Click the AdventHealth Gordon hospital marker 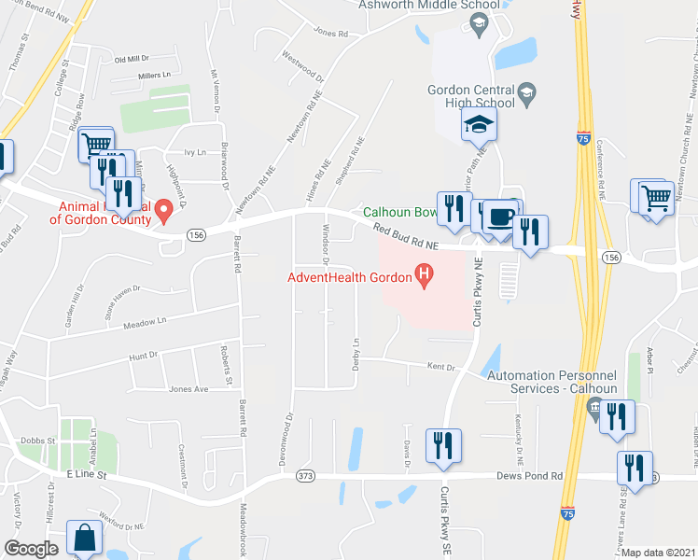(425, 276)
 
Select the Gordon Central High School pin (527, 91)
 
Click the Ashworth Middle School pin (481, 24)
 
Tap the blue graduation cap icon (480, 124)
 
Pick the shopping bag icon (84, 539)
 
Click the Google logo (31, 549)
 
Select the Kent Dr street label (440, 368)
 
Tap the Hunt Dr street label (144, 355)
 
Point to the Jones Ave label (188, 388)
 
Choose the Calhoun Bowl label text (400, 212)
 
